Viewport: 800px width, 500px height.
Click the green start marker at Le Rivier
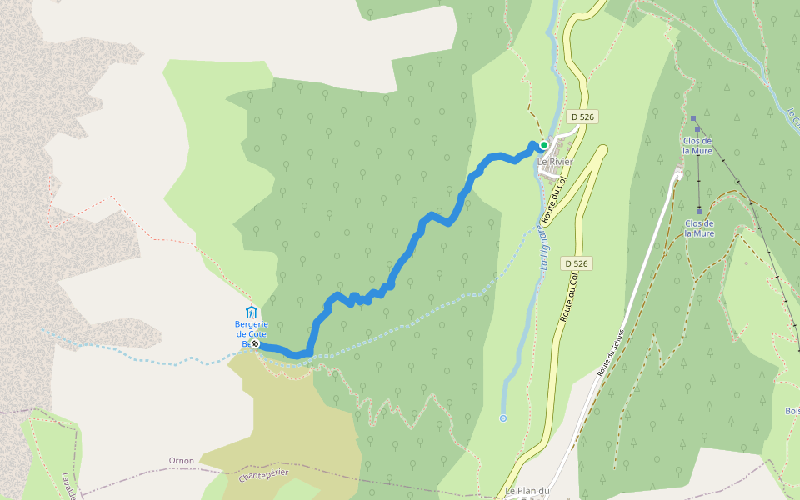pyautogui.click(x=544, y=145)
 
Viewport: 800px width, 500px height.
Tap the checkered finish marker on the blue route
pyautogui.click(x=255, y=343)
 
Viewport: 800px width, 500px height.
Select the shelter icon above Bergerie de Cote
pyautogui.click(x=252, y=312)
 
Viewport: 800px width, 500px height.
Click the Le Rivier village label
pyautogui.click(x=555, y=161)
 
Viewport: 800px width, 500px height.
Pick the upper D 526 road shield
pyautogui.click(x=582, y=117)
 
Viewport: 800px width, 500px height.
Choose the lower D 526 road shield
pyautogui.click(x=576, y=263)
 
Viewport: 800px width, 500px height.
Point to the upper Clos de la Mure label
pyautogui.click(x=698, y=145)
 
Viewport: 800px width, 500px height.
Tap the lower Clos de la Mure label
pyautogui.click(x=699, y=228)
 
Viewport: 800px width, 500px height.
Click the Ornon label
pyautogui.click(x=181, y=460)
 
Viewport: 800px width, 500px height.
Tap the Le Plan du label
pyautogui.click(x=528, y=492)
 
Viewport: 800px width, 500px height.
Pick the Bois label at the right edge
pyautogui.click(x=791, y=411)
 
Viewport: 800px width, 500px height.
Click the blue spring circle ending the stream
pyautogui.click(x=503, y=417)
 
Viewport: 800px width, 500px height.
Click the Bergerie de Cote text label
pyautogui.click(x=252, y=332)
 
